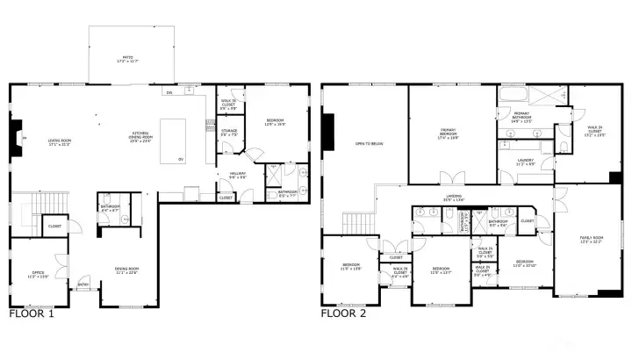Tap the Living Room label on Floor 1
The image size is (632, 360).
[x=60, y=140]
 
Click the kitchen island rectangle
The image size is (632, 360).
[x=173, y=140]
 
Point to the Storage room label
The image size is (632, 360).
[x=228, y=133]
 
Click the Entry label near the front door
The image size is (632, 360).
[x=83, y=284]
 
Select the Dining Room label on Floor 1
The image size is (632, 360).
[x=127, y=270]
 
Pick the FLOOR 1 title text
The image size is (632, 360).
[x=32, y=313]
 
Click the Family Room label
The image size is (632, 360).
[x=590, y=239]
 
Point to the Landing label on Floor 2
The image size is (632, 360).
[x=454, y=198]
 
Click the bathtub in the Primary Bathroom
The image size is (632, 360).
[x=513, y=95]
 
